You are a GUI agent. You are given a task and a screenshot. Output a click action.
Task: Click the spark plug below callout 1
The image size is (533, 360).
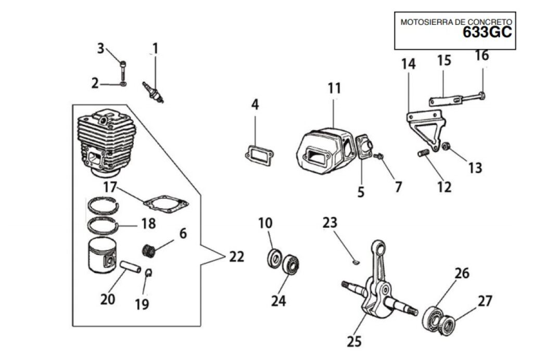click(x=153, y=92)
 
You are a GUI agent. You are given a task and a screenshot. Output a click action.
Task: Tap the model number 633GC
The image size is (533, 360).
click(x=487, y=33)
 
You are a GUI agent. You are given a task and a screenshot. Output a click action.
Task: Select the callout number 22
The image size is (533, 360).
click(x=236, y=257)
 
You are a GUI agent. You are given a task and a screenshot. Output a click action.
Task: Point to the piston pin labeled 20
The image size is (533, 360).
click(x=131, y=266)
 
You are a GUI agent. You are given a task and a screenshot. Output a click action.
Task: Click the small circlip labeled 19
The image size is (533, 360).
click(x=148, y=272)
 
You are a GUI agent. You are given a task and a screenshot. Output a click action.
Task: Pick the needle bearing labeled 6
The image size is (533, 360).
click(x=148, y=251)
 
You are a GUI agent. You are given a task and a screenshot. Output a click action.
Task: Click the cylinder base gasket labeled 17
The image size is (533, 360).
click(x=166, y=204)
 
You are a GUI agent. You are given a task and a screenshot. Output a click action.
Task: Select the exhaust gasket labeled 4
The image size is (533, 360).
click(x=259, y=155)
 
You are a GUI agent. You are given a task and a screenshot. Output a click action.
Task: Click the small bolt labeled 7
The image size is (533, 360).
click(x=378, y=156)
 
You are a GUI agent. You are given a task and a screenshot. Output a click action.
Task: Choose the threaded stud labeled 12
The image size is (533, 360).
click(x=423, y=153)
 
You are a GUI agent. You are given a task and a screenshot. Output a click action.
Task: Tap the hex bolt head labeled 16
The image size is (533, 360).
click(x=480, y=96)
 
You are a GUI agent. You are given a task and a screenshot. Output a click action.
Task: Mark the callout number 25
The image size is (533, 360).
click(x=354, y=341)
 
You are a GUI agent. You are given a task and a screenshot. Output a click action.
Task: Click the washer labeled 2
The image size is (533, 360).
click(x=123, y=84)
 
